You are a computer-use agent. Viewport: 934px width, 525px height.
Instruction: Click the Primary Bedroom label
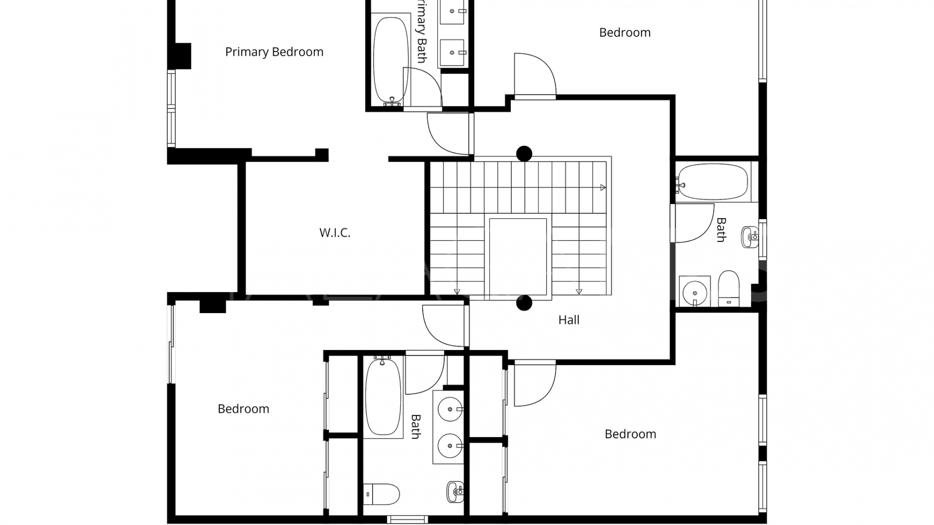coord(274,52)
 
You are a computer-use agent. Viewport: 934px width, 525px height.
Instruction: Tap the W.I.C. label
coord(335,233)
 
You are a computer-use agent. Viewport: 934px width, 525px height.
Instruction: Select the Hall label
coord(569,320)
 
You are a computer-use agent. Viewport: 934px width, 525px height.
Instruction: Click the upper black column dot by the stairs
coord(524,154)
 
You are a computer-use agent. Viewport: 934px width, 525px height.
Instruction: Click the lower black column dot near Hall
coord(524,303)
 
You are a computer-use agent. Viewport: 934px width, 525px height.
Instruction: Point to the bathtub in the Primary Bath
coord(391,60)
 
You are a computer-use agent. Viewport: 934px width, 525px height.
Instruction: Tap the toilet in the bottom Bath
coord(382,494)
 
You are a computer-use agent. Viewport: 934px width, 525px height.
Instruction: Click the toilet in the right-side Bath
coord(728,288)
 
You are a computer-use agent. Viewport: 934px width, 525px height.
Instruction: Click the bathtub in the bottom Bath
coord(383,396)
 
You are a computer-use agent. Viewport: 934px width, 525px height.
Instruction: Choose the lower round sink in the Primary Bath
coord(452,52)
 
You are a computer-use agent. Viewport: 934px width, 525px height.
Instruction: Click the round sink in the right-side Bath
coord(695,293)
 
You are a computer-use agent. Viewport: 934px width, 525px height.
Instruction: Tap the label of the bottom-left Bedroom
coord(243,409)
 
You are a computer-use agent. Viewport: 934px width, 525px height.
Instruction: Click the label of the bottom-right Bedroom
coord(630,434)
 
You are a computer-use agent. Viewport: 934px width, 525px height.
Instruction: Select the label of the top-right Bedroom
coord(625,33)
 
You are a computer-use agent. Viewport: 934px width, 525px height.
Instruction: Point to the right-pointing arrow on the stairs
coord(603,188)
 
